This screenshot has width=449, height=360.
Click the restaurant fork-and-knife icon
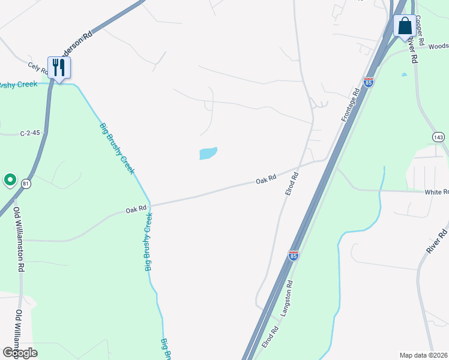tap(59, 67)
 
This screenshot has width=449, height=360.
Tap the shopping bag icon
tap(405, 26)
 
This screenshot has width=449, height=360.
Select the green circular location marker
tap(10, 179)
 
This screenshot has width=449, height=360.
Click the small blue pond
tap(208, 154)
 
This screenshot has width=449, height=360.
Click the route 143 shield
tap(439, 137)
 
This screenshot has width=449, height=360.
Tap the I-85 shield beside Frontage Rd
tap(369, 82)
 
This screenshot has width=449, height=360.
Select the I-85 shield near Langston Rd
tap(294, 256)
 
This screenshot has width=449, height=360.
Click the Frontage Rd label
tap(351, 106)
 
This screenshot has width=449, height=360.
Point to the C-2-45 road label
tap(29, 133)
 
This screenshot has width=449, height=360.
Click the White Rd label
tap(436, 192)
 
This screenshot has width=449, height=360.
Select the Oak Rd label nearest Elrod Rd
tap(265, 178)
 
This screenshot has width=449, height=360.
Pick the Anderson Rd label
tap(79, 44)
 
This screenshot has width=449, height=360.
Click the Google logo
tap(19, 353)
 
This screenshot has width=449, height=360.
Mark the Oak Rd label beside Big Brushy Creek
tap(136, 210)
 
